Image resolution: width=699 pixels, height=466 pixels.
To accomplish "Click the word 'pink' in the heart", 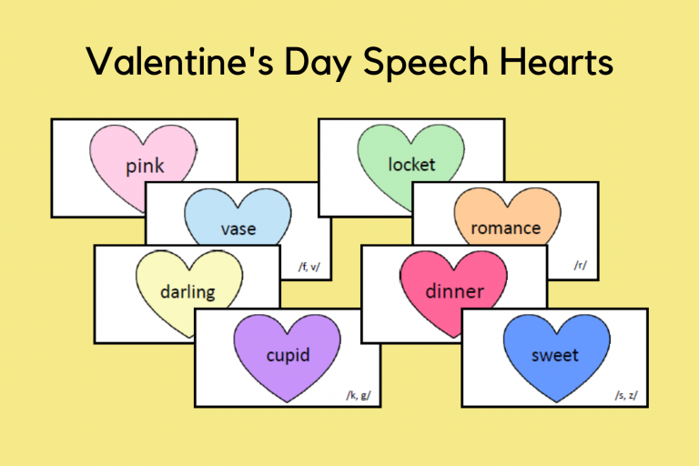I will click(x=146, y=167).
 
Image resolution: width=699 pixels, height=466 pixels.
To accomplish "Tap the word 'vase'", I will click(x=238, y=228).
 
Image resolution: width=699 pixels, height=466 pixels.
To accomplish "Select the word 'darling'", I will click(x=187, y=292).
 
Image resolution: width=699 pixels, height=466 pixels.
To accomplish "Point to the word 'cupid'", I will click(x=288, y=355).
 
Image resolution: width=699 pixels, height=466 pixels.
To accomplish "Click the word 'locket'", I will click(x=411, y=165).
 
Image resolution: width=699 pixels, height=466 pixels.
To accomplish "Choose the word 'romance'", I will click(x=505, y=228).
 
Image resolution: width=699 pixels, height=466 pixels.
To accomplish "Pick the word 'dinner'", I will click(x=454, y=292).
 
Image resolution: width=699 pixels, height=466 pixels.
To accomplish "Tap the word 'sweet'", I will click(x=554, y=355).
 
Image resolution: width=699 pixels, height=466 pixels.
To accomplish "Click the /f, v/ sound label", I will click(x=310, y=267).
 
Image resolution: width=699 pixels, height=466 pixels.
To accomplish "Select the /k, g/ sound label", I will click(x=358, y=394).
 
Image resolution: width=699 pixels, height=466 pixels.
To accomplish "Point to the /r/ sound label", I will click(x=580, y=266).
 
